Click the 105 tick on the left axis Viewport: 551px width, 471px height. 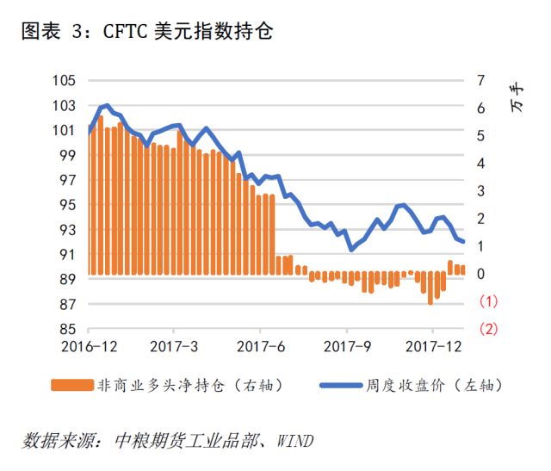pos(64,80)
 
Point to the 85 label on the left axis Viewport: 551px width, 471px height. pos(67,329)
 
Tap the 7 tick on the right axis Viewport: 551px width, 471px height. pos(480,80)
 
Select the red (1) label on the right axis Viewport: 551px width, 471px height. pos(488,301)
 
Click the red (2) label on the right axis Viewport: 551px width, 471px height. pos(488,329)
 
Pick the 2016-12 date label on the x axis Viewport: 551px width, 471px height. pos(89,346)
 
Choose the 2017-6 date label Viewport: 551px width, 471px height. pos(260,346)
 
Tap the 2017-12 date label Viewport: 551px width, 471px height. pos(433,346)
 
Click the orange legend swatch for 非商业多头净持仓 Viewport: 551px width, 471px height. pos(72,385)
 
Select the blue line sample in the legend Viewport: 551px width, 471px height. pos(341,385)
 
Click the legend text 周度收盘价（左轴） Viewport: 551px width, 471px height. pos(434,385)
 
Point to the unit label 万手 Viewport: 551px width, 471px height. pos(517,97)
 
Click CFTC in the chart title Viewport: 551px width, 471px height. pos(125,31)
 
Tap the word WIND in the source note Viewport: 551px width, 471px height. pos(294,441)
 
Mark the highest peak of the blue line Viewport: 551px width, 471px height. pos(107,105)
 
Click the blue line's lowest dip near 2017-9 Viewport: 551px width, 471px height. pos(351,249)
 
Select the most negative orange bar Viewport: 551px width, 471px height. pos(430,288)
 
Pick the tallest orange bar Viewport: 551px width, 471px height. pos(101,195)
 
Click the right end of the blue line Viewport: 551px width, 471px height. pos(463,241)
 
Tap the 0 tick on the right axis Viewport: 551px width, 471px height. pos(480,274)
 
